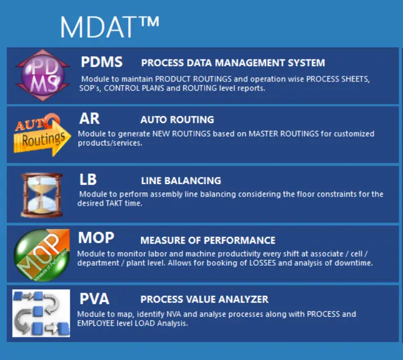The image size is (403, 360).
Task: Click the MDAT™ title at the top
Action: click(x=110, y=27)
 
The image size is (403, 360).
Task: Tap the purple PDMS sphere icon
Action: click(x=42, y=75)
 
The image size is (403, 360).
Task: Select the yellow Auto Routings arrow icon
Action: click(x=42, y=135)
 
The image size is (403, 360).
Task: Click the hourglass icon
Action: click(x=42, y=195)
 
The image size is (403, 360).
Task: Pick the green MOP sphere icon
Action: click(x=42, y=255)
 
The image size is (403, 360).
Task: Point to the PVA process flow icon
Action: click(x=41, y=313)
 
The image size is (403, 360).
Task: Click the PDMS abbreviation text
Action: click(x=102, y=62)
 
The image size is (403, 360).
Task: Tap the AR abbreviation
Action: click(x=89, y=119)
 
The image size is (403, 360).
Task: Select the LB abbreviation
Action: click(x=88, y=179)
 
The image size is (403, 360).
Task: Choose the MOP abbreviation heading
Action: click(x=96, y=238)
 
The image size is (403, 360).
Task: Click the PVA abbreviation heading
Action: click(x=94, y=299)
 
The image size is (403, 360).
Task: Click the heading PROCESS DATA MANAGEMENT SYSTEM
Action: click(x=233, y=63)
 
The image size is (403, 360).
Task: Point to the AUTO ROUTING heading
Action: click(x=177, y=120)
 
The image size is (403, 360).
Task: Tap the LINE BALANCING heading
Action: click(x=181, y=181)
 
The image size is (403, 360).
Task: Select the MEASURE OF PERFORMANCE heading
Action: click(x=207, y=240)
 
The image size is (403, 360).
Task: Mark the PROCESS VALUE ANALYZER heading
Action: click(x=205, y=299)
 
